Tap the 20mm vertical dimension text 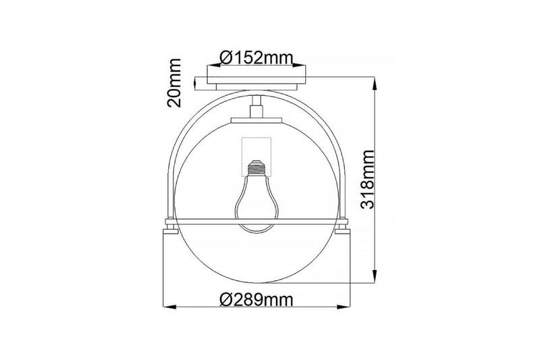175,84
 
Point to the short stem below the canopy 256,106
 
